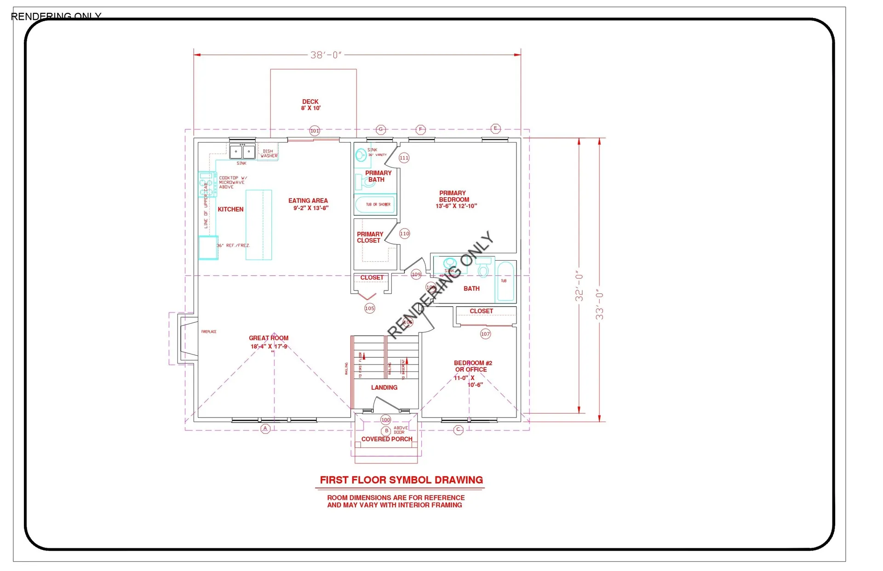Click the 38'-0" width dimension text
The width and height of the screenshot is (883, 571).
[326, 55]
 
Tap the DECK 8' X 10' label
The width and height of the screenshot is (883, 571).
[310, 105]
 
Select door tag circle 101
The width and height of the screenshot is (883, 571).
[315, 131]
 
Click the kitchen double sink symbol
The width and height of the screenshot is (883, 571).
[242, 152]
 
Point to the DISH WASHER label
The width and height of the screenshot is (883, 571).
[269, 154]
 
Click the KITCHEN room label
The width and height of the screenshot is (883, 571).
[230, 209]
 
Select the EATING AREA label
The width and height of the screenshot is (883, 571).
[309, 204]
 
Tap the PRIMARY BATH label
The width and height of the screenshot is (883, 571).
[378, 176]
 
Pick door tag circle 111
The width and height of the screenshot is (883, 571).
[404, 158]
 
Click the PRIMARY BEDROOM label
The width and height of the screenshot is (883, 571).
[454, 200]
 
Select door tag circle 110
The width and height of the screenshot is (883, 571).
[404, 234]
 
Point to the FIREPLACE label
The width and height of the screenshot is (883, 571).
[209, 331]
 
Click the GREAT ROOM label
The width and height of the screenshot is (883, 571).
[269, 342]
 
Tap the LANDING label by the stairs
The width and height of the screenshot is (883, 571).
[384, 388]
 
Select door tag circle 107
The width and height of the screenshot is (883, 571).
[485, 334]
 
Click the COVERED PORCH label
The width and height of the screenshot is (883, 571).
[387, 439]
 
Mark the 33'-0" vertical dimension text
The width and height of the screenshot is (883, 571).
[599, 304]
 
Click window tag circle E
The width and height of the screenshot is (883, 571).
[495, 128]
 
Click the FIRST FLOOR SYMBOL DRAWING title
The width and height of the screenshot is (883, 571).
[401, 480]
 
